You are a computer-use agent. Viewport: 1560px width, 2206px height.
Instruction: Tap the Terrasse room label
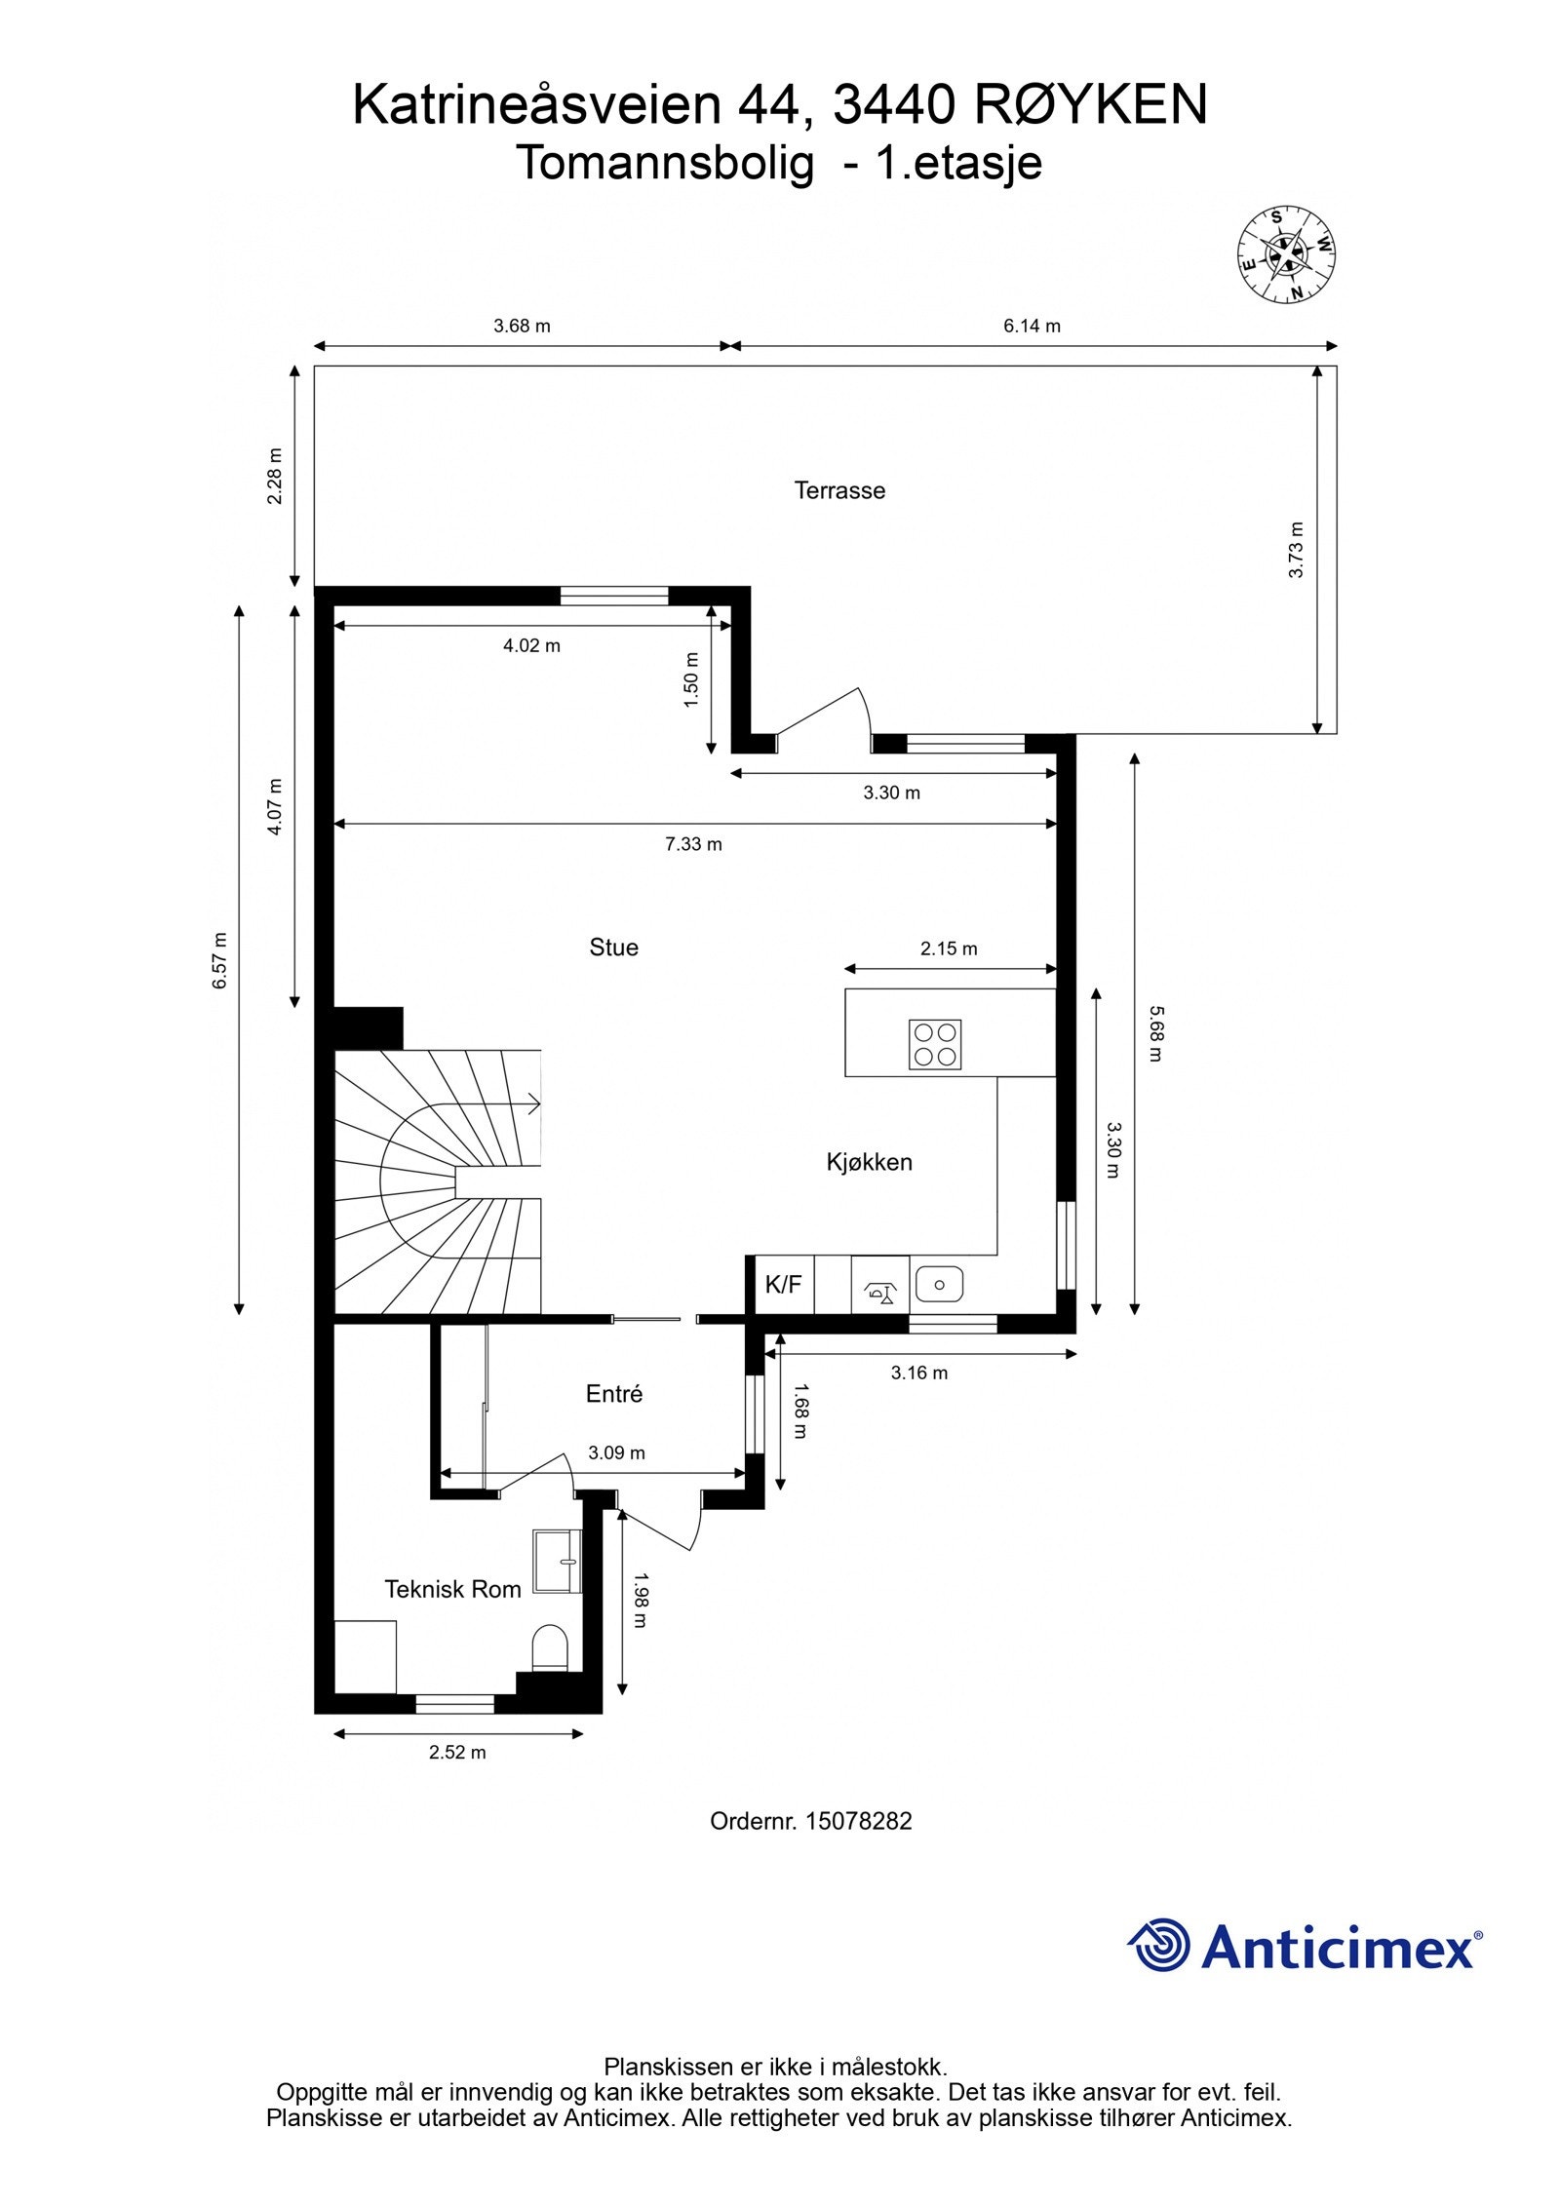point(839,490)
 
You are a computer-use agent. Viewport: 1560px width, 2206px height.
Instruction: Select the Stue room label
point(613,947)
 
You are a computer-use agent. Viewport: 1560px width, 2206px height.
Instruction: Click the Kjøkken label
point(869,1161)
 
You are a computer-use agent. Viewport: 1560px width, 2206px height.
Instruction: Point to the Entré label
point(613,1393)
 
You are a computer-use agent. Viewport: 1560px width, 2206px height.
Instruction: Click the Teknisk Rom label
point(452,1588)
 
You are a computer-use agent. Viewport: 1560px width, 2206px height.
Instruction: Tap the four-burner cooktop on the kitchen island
point(934,1044)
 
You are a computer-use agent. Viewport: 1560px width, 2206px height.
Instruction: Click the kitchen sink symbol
point(939,1285)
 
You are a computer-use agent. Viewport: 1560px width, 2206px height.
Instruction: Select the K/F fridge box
point(783,1285)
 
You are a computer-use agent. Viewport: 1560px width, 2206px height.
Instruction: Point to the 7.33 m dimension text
point(693,844)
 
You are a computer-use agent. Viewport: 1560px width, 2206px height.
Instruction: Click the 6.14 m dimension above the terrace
point(1032,326)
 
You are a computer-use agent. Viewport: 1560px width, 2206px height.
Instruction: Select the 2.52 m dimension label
point(457,1752)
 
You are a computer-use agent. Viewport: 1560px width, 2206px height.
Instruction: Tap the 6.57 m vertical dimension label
point(220,960)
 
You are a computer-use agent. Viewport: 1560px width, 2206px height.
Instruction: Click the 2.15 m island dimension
point(949,948)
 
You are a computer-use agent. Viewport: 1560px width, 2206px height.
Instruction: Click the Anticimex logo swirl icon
point(1160,1945)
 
